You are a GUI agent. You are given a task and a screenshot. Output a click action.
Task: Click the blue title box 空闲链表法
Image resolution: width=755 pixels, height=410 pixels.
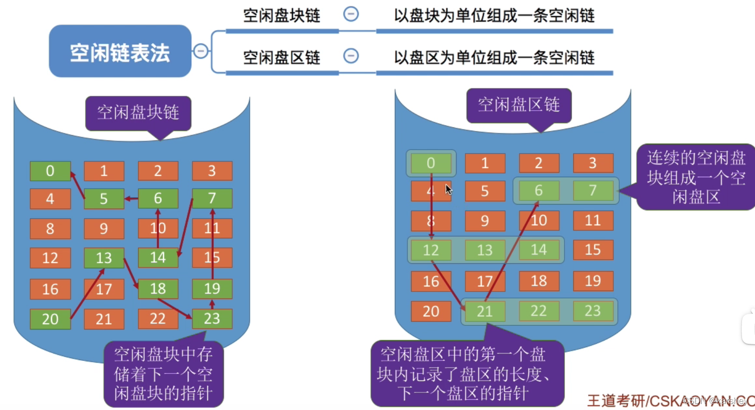pos(120,51)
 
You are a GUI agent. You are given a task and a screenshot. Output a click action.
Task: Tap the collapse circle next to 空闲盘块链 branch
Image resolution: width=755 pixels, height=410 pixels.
pos(351,14)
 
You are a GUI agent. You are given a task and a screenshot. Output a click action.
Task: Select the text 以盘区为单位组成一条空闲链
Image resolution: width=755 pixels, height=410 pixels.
pos(494,57)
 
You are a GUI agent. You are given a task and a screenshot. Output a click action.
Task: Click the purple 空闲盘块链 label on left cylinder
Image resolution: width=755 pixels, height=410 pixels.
pos(138,112)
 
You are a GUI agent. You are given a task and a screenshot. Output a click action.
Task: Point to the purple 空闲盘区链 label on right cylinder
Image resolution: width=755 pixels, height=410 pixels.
pos(519,105)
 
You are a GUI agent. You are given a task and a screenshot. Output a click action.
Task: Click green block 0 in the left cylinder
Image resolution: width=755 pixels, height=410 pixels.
pos(50,171)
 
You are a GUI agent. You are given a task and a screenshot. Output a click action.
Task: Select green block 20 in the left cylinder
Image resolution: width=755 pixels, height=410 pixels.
pos(50,319)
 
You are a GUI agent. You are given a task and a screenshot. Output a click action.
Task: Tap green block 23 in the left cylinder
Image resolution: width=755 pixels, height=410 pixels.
pos(212,319)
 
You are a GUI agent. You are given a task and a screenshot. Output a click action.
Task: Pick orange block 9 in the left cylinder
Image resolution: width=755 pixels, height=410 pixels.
pos(104,228)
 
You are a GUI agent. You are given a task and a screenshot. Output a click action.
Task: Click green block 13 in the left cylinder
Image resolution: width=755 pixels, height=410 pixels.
pos(104,258)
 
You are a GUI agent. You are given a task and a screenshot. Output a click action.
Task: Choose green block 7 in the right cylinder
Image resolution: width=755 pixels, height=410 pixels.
pos(593,190)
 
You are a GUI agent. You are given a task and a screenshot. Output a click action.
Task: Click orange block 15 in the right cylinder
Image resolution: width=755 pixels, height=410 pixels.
pos(593,250)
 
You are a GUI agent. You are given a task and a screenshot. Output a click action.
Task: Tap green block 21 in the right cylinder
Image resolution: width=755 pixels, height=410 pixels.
pos(485,311)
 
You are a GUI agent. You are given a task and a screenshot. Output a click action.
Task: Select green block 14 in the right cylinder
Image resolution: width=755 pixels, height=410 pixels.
pos(539,250)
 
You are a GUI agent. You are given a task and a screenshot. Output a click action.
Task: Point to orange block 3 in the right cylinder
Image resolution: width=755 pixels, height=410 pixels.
pos(593,163)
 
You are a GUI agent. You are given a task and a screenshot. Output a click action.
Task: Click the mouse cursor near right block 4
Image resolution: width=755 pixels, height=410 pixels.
pos(448,189)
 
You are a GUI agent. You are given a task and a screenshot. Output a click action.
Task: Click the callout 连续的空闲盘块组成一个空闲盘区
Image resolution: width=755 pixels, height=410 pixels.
pos(696,177)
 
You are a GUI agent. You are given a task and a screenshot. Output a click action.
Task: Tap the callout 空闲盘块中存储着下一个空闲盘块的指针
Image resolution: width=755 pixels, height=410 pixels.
pos(163,374)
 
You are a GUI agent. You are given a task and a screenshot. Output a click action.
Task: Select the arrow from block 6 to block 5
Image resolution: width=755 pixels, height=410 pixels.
pos(131,199)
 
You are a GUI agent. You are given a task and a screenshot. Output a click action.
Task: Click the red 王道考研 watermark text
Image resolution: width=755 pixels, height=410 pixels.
pos(616,400)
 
